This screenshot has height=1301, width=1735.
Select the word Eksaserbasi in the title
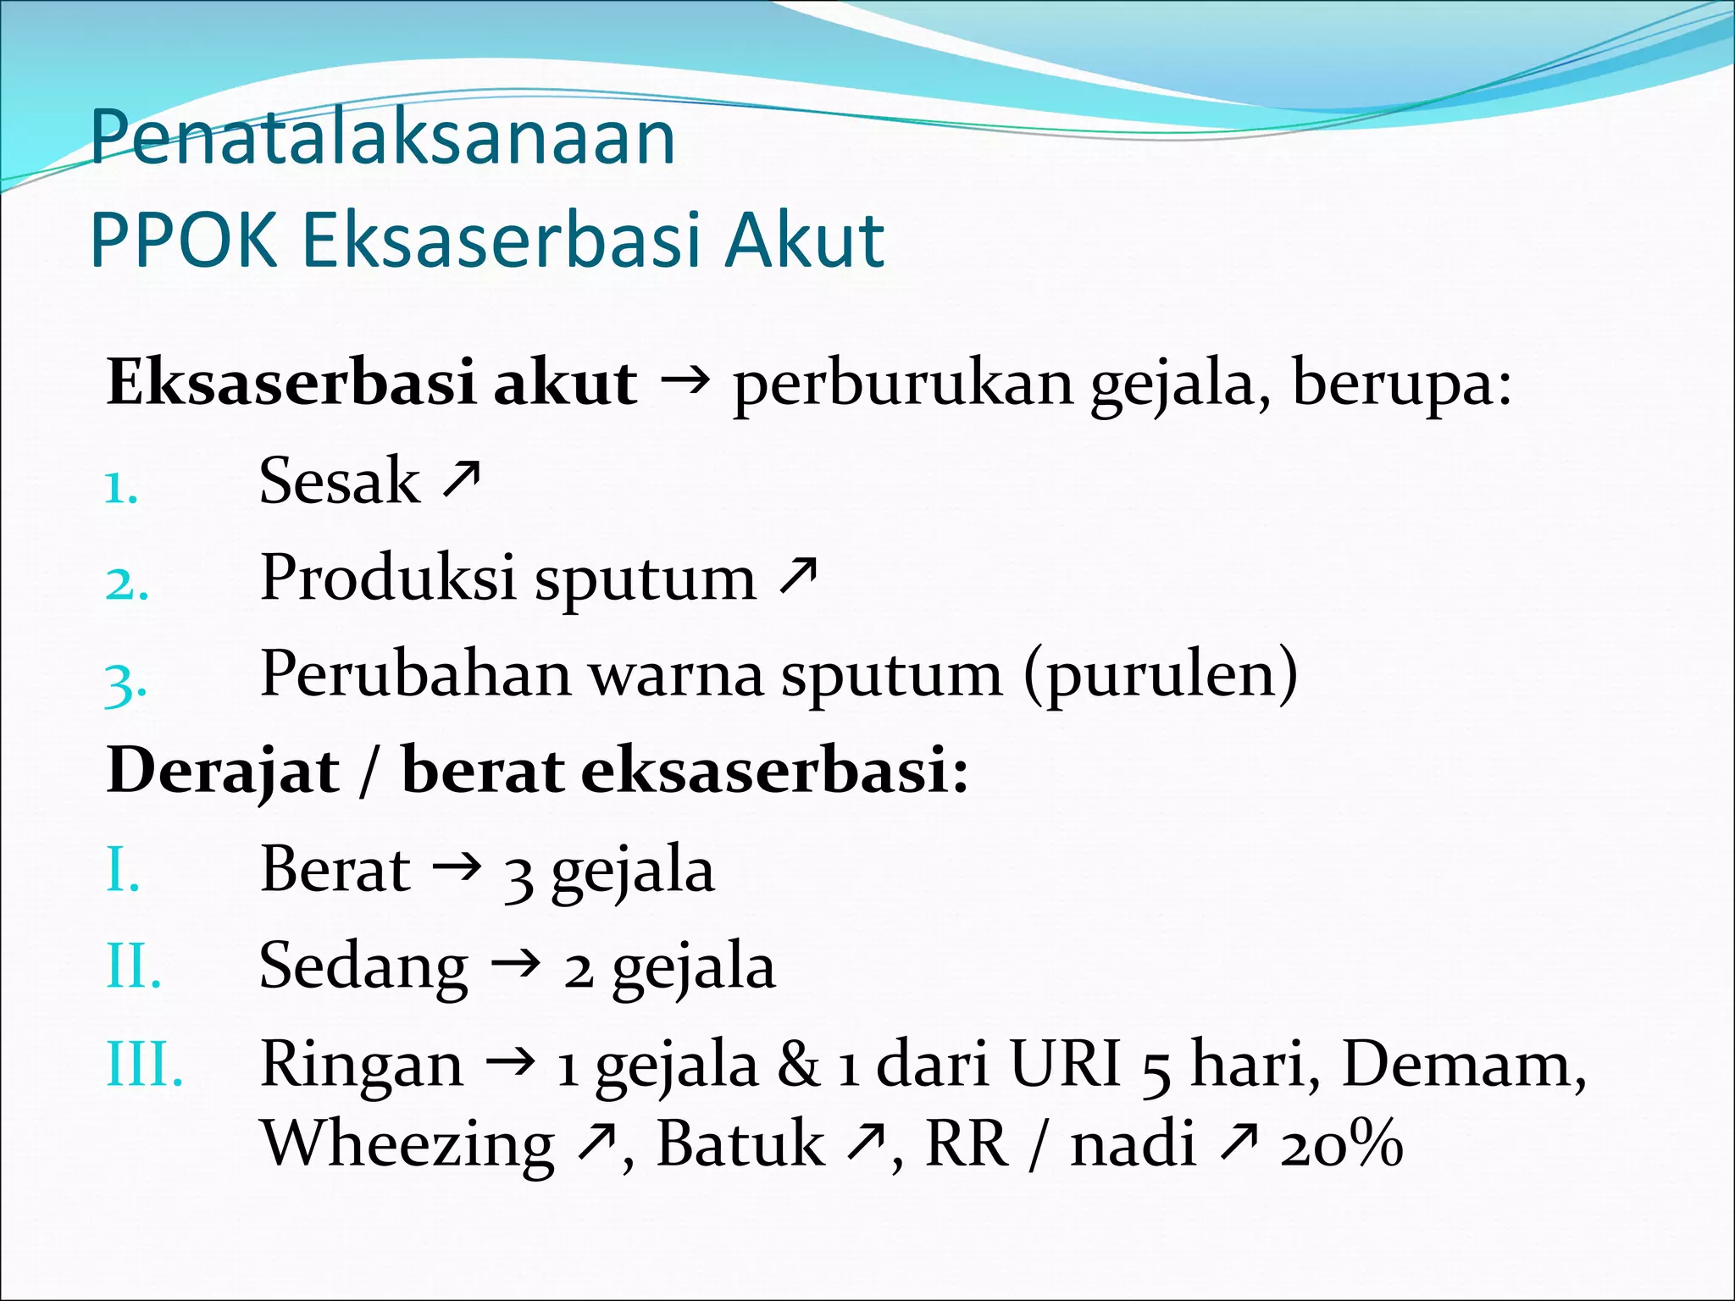point(500,241)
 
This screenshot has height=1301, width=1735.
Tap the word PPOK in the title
point(183,241)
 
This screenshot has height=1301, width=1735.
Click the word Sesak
point(339,481)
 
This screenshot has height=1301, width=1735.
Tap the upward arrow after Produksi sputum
point(798,575)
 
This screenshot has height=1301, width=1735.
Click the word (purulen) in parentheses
point(1160,676)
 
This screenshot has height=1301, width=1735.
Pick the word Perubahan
point(415,674)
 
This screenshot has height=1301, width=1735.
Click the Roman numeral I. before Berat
point(123,870)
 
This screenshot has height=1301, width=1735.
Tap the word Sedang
point(363,967)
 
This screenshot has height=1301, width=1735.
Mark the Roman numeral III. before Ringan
point(144,1064)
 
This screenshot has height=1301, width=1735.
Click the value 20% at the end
point(1341,1144)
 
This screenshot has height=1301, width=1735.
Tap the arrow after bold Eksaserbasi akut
point(684,383)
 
